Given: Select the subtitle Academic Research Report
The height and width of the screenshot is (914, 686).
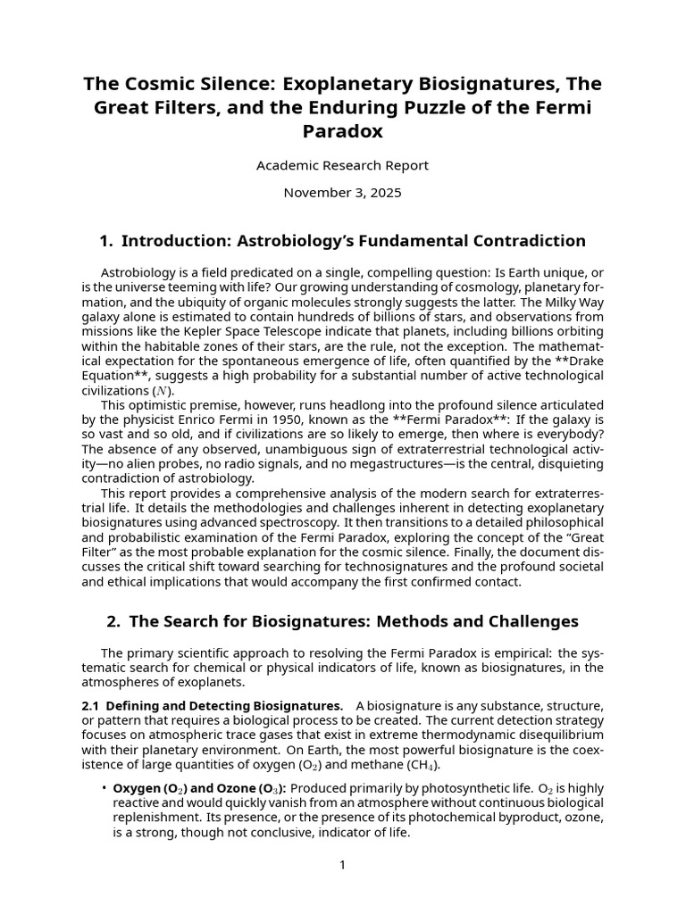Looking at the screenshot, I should click(342, 165).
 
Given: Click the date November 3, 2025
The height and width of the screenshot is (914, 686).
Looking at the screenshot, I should click(342, 192).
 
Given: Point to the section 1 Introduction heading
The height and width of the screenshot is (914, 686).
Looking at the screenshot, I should click(342, 241).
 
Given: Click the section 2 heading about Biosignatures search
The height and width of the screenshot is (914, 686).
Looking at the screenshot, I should click(342, 621).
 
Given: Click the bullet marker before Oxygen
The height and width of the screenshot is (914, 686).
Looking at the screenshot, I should click(104, 788).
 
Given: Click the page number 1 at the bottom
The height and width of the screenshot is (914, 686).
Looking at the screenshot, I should click(342, 865).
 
